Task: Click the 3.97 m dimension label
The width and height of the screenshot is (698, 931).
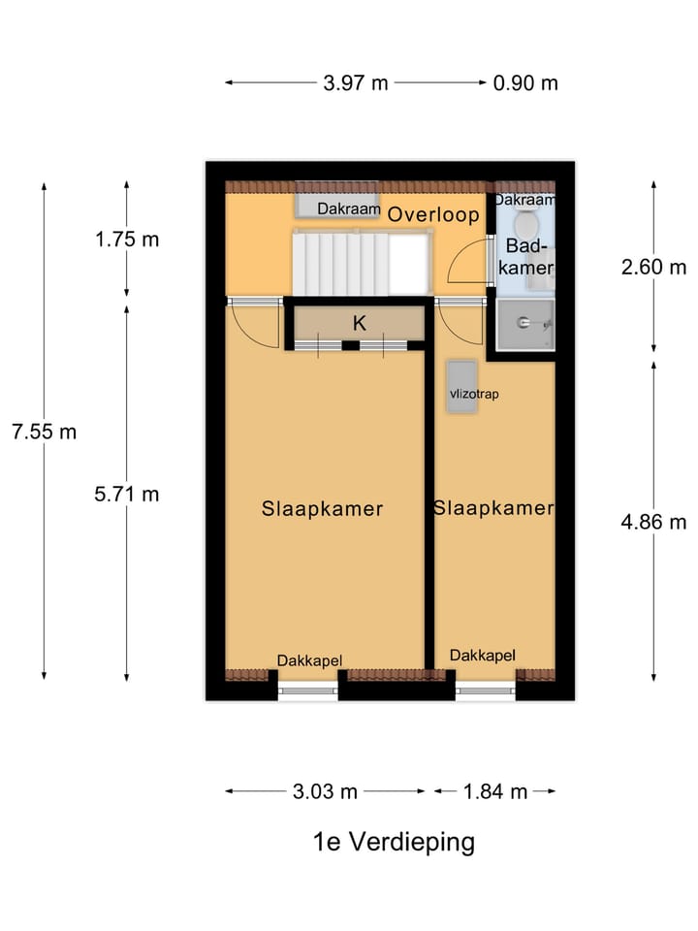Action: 355,82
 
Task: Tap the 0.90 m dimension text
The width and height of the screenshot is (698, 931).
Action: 525,82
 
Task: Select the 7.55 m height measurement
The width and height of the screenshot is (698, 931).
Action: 44,432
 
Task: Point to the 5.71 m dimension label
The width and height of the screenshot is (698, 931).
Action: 127,494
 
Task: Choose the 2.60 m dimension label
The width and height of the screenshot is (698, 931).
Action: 653,268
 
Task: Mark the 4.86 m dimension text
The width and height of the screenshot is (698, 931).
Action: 653,522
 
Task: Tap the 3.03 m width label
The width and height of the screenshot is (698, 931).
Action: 325,791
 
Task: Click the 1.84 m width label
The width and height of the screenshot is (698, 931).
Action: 494,791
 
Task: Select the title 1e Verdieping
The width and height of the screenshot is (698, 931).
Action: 394,842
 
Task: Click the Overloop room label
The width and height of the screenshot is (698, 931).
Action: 433,215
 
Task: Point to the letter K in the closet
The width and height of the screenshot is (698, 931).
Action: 359,324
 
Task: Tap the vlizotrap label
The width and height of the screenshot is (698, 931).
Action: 474,395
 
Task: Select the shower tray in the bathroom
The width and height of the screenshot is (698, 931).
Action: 523,324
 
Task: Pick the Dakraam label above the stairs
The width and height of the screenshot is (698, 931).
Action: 348,209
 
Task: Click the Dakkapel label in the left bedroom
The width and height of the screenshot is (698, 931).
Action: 309,660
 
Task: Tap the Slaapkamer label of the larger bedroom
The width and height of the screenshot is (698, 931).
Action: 322,509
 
